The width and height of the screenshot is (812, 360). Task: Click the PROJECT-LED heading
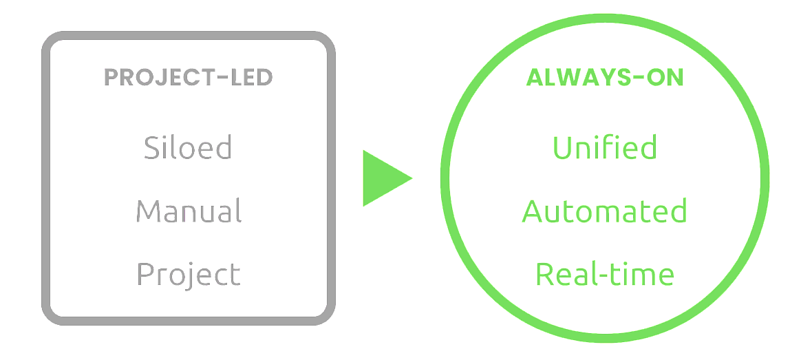point(188,78)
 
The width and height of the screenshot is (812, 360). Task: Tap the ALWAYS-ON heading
point(605,78)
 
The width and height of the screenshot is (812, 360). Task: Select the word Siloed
point(188,147)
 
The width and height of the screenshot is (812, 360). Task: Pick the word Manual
point(188,211)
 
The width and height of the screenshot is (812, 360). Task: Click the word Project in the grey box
point(189,274)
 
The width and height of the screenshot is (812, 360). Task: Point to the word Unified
point(605,147)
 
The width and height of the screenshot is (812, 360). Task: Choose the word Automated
point(605,211)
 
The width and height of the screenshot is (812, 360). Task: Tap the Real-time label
point(605,274)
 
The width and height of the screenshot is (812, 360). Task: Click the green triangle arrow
point(384,178)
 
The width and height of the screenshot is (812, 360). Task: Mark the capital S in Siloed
point(152,148)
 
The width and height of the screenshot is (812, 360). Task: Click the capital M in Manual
point(147,211)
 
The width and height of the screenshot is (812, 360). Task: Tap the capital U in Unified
point(562,148)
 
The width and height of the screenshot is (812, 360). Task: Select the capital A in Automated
point(533,211)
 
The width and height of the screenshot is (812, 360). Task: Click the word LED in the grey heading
point(251,78)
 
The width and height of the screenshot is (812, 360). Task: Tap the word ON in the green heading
point(666,78)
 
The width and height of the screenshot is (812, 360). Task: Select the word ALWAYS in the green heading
point(579,78)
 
